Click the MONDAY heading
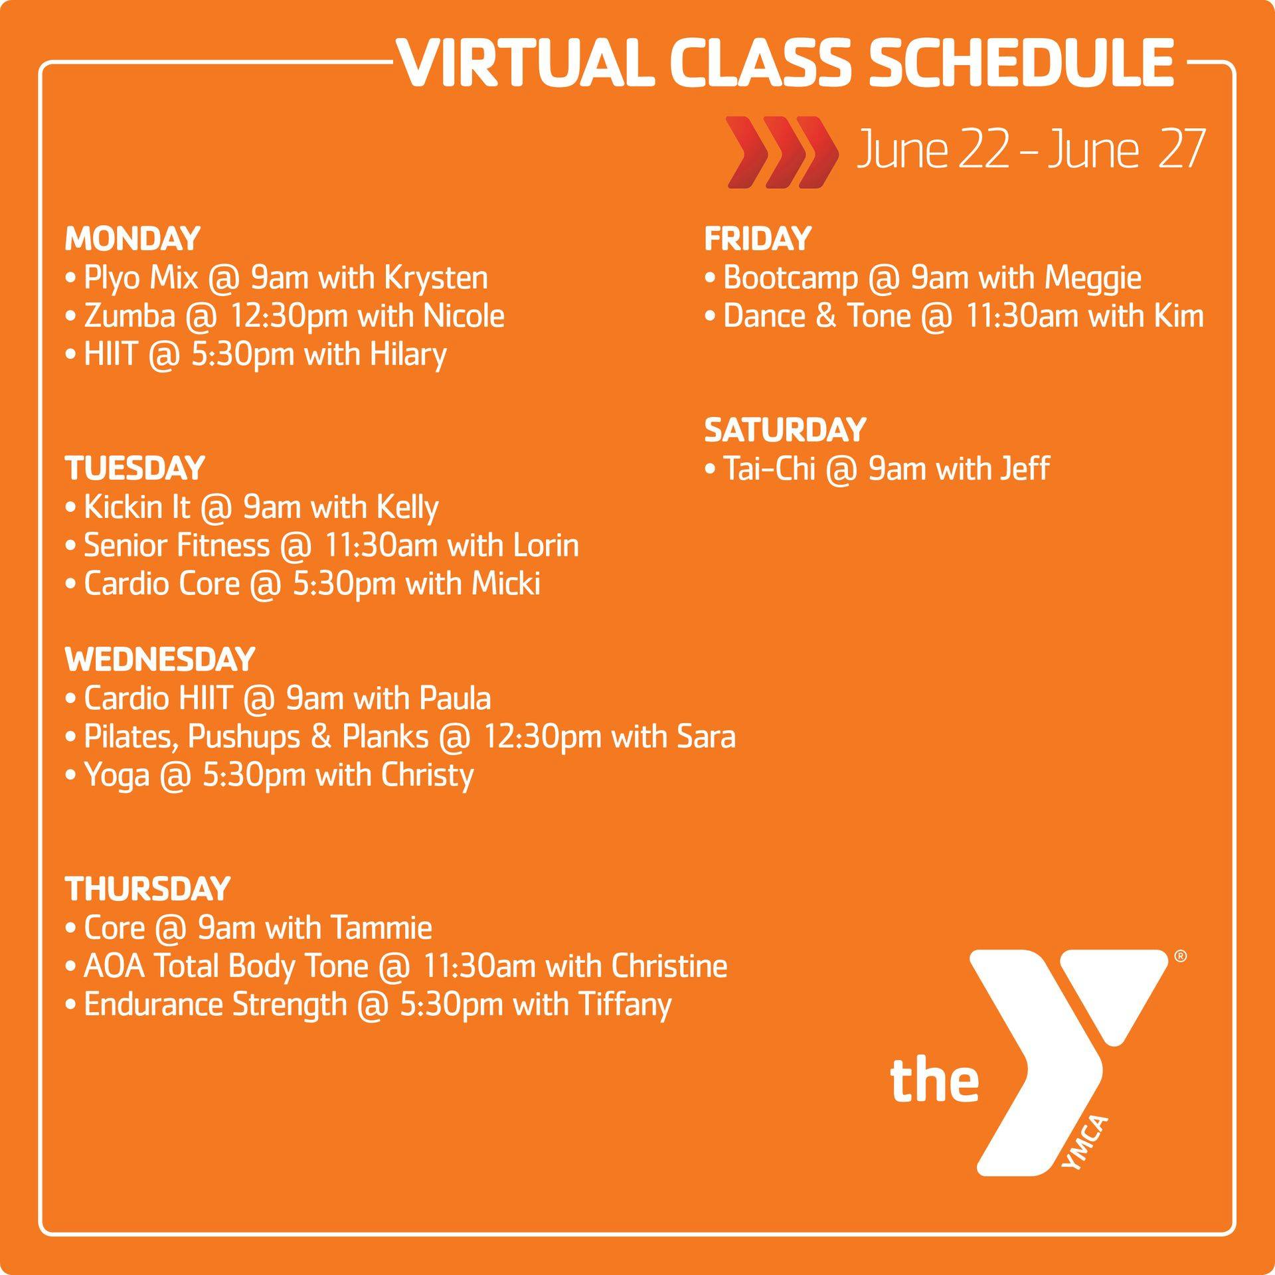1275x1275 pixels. pos(133,239)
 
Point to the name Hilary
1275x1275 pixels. pos(408,355)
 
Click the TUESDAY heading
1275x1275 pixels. pos(135,468)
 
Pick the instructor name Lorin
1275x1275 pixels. pos(546,545)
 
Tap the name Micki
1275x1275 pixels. pos(506,584)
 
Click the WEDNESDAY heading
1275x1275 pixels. pos(160,659)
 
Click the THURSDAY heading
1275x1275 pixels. pos(147,889)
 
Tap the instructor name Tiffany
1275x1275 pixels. pos(625,1005)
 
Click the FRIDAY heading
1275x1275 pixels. pos(758,239)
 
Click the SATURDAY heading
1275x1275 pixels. pos(785,430)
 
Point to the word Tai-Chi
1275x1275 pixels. pos(769,469)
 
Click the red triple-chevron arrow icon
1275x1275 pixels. pos(782,152)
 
